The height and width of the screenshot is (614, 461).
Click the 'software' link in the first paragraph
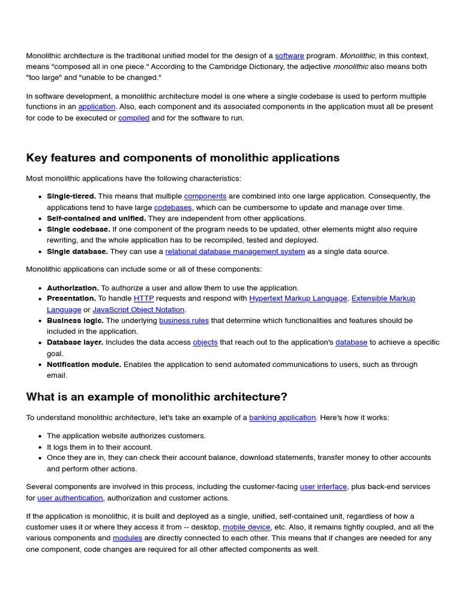pos(289,56)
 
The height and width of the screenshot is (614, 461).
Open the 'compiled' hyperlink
pos(134,118)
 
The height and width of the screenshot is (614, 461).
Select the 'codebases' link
pos(173,207)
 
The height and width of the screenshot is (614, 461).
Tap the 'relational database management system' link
pos(235,252)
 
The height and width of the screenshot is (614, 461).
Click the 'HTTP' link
pos(143,299)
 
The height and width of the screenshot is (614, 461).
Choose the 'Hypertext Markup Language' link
pos(298,299)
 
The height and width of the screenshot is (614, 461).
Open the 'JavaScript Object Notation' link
pos(138,310)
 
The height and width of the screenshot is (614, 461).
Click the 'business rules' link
pos(184,321)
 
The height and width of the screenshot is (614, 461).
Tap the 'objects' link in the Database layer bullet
pos(205,342)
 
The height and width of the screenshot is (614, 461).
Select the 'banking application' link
pos(282,418)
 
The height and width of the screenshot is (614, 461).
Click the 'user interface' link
pos(324,487)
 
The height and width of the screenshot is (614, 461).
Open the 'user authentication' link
pos(70,498)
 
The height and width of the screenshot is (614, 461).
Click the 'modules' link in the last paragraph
pos(127,538)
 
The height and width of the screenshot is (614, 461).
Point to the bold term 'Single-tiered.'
pos(71,197)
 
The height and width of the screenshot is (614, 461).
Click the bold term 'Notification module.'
pos(84,365)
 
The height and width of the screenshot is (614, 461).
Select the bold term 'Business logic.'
pos(75,321)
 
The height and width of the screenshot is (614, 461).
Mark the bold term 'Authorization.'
pos(73,288)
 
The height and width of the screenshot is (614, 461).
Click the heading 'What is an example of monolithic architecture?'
pos(157,397)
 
